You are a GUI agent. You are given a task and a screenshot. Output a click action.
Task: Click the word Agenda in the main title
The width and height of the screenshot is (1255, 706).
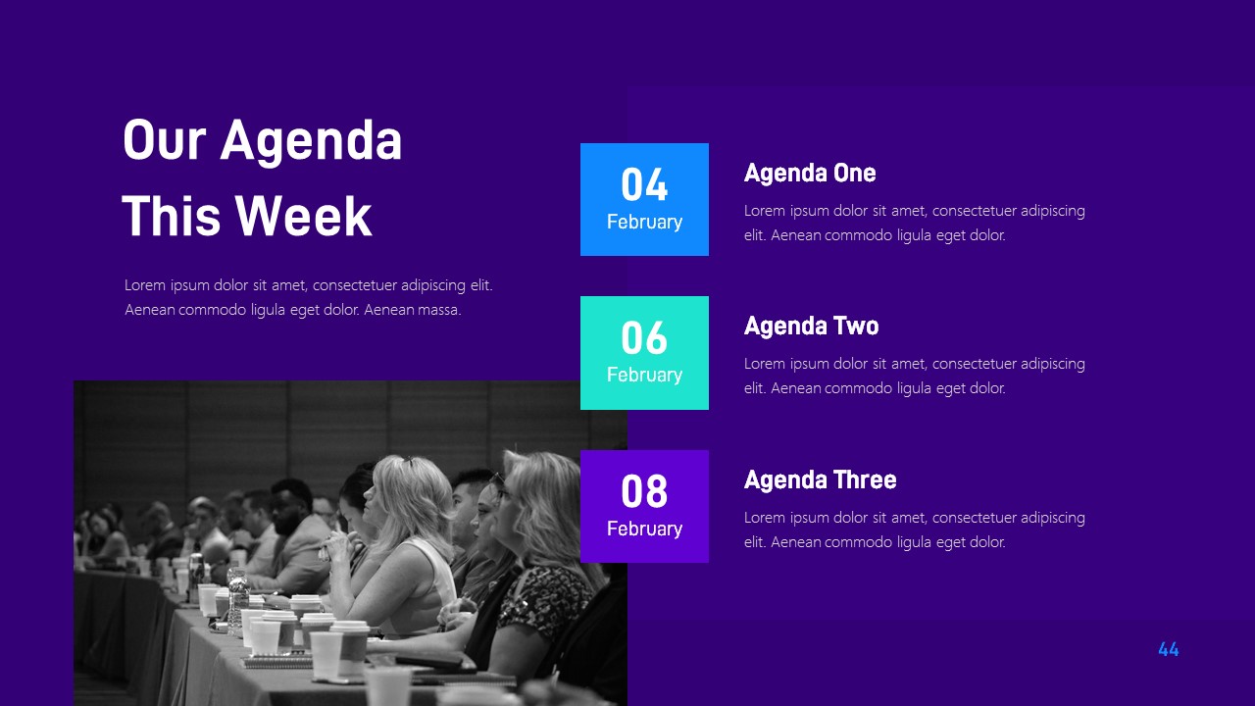[311, 140]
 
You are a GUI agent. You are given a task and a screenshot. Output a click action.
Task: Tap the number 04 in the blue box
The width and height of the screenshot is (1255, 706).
[644, 185]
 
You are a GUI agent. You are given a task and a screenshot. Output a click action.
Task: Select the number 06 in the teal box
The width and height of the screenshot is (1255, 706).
[644, 338]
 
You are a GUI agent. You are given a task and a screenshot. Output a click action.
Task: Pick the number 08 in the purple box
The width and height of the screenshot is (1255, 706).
[644, 491]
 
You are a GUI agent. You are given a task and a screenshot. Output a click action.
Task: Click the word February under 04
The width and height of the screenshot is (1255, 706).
[644, 223]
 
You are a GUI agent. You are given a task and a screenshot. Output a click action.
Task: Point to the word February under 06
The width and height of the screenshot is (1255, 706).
[644, 376]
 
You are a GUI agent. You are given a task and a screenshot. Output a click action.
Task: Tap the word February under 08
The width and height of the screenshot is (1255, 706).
[644, 529]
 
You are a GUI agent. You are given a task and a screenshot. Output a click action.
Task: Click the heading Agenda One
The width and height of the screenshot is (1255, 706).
[809, 174]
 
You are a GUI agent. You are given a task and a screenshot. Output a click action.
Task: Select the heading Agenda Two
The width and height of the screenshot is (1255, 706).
[811, 327]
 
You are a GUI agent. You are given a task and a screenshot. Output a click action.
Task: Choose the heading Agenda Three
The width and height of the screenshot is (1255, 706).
[820, 480]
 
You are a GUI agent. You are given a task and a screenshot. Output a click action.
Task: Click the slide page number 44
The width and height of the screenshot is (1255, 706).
[1168, 649]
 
